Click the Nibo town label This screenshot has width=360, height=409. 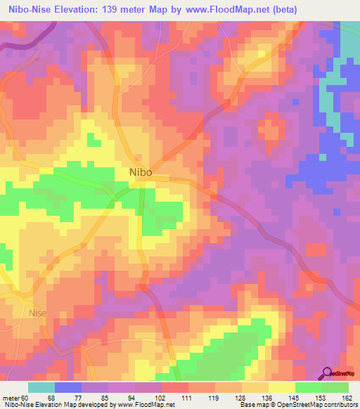coord(141,171)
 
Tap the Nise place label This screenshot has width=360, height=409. coord(40,313)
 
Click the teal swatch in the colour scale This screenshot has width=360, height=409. coord(41,387)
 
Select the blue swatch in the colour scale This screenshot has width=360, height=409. coord(67,387)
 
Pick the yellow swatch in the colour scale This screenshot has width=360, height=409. coord(281,387)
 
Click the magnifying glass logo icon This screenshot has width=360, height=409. coord(327,373)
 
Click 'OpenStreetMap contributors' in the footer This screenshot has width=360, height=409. coord(317,405)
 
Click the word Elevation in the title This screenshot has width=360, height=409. coord(75,9)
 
